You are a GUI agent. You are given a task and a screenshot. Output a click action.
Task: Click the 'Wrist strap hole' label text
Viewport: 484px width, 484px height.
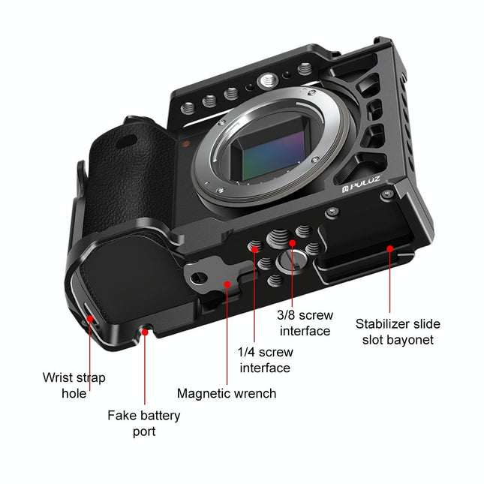tap(74, 385)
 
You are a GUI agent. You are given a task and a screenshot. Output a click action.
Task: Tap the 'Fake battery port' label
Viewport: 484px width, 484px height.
tap(143, 422)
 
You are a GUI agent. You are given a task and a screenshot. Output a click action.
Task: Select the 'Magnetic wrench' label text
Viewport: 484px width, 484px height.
tap(227, 393)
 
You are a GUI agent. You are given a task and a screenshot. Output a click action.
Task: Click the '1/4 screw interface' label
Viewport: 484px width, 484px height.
tap(265, 359)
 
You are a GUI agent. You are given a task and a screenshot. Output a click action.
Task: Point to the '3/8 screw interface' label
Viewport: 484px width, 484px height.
tap(305, 323)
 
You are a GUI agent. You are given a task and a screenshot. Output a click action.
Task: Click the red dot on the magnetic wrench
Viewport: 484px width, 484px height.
tap(227, 284)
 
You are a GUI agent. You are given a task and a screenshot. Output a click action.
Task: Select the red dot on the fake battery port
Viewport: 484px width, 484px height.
tap(143, 329)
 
